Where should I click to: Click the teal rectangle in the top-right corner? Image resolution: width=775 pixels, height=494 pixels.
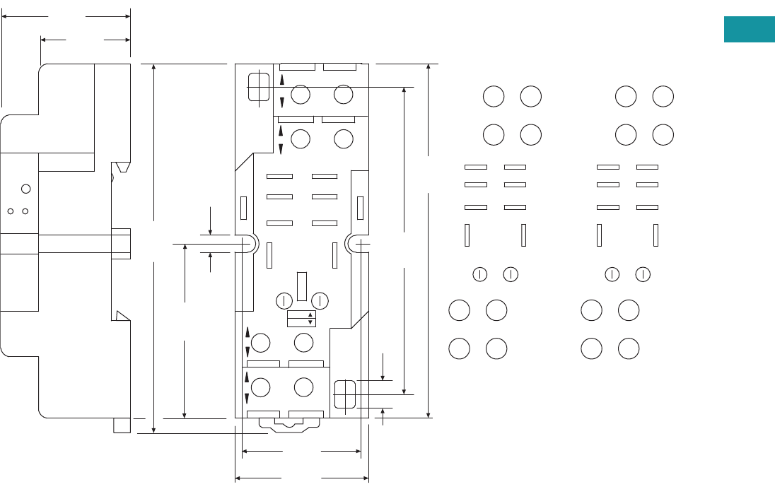pos(749,30)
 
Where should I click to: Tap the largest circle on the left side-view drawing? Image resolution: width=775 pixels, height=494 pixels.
pos(26,188)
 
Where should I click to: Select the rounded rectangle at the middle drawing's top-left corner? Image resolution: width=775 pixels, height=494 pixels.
pos(259,87)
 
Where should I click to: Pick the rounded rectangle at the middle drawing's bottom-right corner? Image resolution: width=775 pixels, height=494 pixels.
pos(344,394)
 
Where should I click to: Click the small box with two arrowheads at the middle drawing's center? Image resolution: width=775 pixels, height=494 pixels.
pos(301,319)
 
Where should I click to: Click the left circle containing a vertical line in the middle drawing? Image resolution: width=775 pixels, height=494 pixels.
pos(284,300)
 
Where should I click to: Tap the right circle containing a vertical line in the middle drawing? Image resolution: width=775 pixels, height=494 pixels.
pos(320,300)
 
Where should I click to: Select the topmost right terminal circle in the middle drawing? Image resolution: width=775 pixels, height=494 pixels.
pos(344,94)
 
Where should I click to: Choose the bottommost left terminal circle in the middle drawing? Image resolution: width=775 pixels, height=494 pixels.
pos(261,387)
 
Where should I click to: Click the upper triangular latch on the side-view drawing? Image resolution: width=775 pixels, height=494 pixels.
pos(122,167)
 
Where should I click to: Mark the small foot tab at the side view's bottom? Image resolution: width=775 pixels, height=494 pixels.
pos(122,425)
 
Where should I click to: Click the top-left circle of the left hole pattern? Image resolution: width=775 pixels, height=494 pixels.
pos(494,97)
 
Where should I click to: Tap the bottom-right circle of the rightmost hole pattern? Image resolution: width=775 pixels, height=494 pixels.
pos(629,348)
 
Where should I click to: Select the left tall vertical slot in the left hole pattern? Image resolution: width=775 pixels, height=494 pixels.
pos(467,235)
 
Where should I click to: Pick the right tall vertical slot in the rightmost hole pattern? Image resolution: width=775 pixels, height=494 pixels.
pos(656,235)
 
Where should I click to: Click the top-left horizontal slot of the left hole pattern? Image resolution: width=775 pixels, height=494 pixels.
pos(476,167)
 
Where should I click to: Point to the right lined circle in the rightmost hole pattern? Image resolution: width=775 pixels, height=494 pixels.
pos(643,274)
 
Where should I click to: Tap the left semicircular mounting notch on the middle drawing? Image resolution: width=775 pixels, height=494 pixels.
pos(250,244)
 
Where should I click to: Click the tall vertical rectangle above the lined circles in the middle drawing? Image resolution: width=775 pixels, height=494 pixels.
pos(302,286)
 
